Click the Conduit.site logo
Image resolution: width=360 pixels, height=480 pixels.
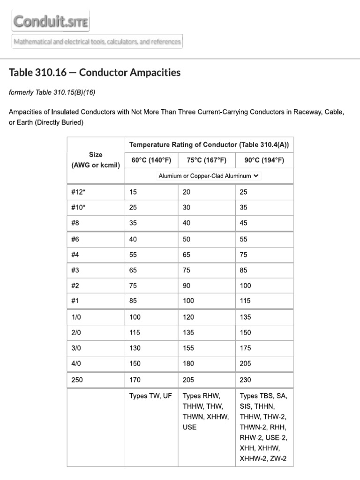pyautogui.click(x=51, y=22)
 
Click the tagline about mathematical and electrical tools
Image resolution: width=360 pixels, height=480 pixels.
pyautogui.click(x=97, y=42)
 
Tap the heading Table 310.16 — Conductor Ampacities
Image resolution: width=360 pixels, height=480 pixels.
pyautogui.click(x=94, y=73)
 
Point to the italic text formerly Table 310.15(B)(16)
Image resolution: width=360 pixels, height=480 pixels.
pyautogui.click(x=52, y=92)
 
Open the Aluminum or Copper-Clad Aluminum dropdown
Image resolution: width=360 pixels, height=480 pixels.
pyautogui.click(x=209, y=176)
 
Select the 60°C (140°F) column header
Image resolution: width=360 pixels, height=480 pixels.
pyautogui.click(x=151, y=160)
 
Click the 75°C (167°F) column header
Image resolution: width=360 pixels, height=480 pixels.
pyautogui.click(x=206, y=160)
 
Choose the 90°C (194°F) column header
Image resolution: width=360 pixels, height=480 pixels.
pyautogui.click(x=264, y=160)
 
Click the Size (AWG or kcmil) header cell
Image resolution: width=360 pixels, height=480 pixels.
pyautogui.click(x=96, y=160)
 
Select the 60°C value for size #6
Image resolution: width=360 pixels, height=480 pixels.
pyautogui.click(x=133, y=239)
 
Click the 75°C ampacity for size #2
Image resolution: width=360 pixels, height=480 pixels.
pyautogui.click(x=187, y=285)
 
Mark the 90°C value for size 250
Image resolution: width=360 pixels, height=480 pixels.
pyautogui.click(x=245, y=380)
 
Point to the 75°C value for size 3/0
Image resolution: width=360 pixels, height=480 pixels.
pyautogui.click(x=188, y=348)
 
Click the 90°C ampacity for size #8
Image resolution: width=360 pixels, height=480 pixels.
pyautogui.click(x=243, y=223)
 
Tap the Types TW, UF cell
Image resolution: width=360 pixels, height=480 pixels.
pyautogui.click(x=150, y=396)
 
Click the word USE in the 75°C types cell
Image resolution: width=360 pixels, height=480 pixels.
pyautogui.click(x=189, y=427)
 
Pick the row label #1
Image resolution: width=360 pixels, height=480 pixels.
pyautogui.click(x=75, y=301)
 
